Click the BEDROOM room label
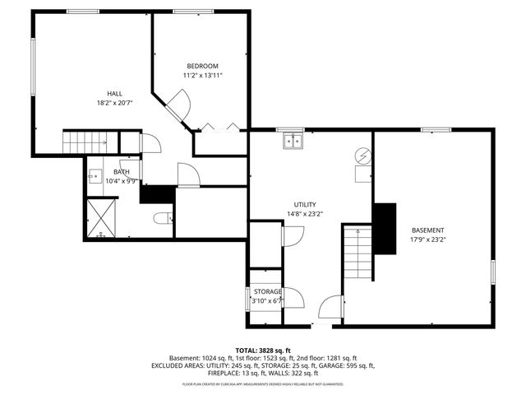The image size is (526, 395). [202, 66]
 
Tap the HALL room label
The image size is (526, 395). [114, 94]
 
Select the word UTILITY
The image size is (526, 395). [305, 205]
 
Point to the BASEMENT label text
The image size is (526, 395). [427, 230]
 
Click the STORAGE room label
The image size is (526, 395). [268, 292]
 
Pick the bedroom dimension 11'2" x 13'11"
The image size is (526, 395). [202, 76]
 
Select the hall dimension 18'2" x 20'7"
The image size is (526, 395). [114, 104]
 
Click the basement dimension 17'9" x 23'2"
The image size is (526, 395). [427, 240]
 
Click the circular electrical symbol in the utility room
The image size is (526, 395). [362, 155]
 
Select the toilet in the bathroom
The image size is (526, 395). [163, 218]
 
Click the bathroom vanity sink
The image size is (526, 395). [95, 176]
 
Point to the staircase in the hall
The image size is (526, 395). [85, 142]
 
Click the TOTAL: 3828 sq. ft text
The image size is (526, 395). [263, 350]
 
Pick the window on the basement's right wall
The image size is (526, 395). [492, 272]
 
